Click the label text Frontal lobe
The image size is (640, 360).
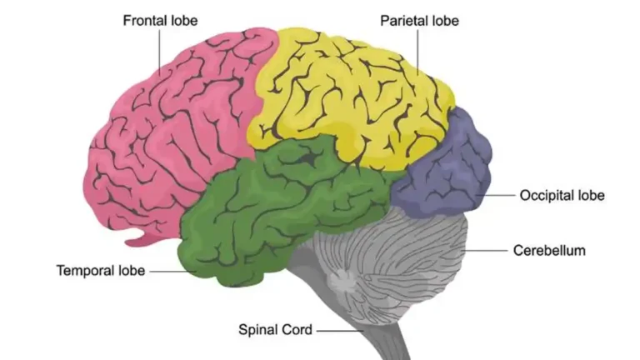[160, 21]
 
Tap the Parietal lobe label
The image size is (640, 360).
[420, 21]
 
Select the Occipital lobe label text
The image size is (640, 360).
[562, 196]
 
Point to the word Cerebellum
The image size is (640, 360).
[549, 250]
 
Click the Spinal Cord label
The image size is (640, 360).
[276, 330]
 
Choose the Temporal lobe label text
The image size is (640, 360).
[101, 271]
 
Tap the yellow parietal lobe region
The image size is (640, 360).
[351, 98]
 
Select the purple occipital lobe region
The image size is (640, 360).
[445, 167]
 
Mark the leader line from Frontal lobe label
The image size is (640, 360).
[160, 52]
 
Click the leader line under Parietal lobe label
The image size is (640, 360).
[417, 52]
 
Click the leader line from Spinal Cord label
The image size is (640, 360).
[340, 331]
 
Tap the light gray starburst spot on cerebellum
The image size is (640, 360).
[342, 282]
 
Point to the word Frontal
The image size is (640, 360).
[144, 21]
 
